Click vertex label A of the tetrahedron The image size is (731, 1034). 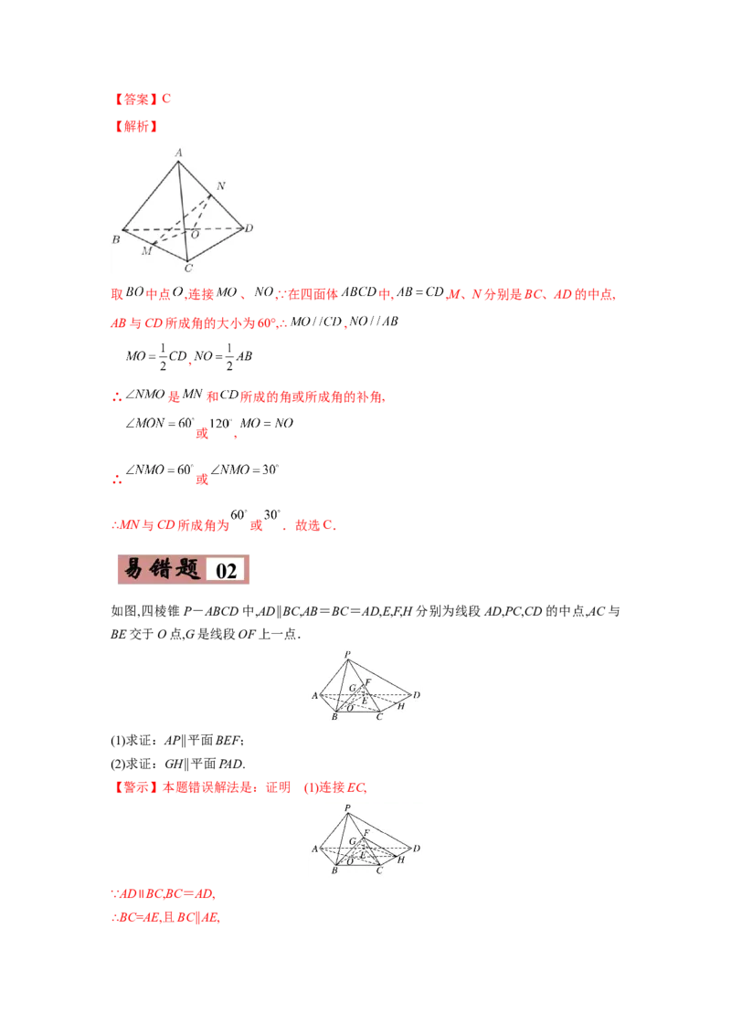click(179, 153)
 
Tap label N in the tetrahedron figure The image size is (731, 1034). click(220, 186)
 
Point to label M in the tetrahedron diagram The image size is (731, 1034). click(146, 251)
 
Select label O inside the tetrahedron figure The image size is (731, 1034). click(194, 234)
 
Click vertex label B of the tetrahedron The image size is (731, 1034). click(116, 239)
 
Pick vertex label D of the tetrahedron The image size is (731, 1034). click(249, 227)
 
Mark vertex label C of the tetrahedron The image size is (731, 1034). click(188, 268)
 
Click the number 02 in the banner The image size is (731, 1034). click(227, 571)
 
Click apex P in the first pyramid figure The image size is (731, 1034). click(347, 654)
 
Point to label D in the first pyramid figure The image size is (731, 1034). click(417, 696)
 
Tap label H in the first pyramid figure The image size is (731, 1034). click(400, 706)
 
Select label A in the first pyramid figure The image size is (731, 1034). click(314, 696)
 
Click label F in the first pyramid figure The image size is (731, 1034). click(367, 681)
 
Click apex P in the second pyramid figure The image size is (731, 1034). click(347, 807)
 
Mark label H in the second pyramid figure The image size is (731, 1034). click(400, 860)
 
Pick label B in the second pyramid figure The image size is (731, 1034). click(334, 871)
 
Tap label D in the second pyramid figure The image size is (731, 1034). click(417, 849)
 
